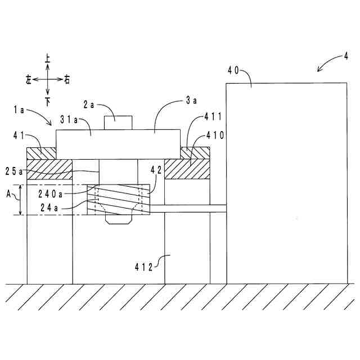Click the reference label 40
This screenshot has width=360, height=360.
click(233, 70)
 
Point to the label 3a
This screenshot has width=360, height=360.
click(191, 101)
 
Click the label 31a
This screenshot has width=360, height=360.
click(68, 120)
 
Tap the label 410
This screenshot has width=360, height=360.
click(215, 134)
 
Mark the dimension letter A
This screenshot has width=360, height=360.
click(8, 193)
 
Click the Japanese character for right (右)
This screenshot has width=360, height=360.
click(67, 80)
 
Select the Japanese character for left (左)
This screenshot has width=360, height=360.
click(29, 80)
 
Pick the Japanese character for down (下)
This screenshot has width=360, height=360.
click(48, 101)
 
